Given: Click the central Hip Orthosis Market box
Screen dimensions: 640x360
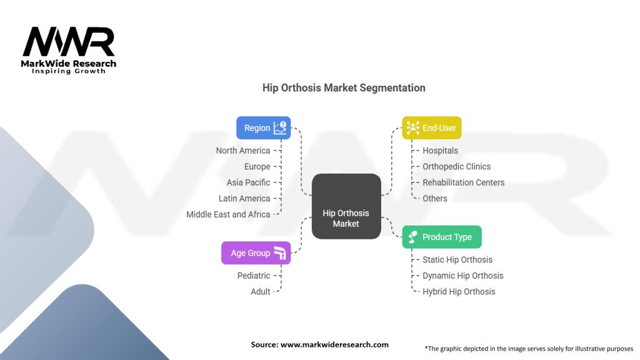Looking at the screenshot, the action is click(346, 206).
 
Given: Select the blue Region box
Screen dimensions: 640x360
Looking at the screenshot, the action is click(263, 127).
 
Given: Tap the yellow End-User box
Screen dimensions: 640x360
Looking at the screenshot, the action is click(431, 127).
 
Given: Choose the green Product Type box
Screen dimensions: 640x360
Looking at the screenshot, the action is click(441, 237).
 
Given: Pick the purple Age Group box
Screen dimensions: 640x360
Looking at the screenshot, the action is click(256, 252).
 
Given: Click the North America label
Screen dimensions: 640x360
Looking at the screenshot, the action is click(243, 151).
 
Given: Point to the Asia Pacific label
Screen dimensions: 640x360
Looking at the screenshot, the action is click(249, 182).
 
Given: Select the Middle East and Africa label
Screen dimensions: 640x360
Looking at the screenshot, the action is click(228, 214).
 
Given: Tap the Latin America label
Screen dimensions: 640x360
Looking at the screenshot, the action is click(244, 198).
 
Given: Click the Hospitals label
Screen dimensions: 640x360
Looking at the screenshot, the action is click(440, 151).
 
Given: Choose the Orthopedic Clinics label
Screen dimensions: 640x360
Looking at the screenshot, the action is click(456, 166).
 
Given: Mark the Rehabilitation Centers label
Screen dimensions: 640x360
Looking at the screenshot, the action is click(463, 182).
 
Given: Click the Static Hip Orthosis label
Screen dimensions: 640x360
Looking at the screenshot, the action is click(457, 259).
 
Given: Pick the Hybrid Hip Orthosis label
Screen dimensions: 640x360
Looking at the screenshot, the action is click(458, 291).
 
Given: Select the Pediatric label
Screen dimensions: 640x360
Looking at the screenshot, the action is click(254, 276).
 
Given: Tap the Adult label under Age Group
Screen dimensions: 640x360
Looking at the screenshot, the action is click(261, 291).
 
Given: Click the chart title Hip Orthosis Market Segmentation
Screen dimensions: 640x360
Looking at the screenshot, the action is click(344, 88).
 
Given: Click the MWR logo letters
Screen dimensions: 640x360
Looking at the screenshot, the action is click(69, 42).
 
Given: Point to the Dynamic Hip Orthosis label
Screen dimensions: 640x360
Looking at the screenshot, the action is click(462, 276).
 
